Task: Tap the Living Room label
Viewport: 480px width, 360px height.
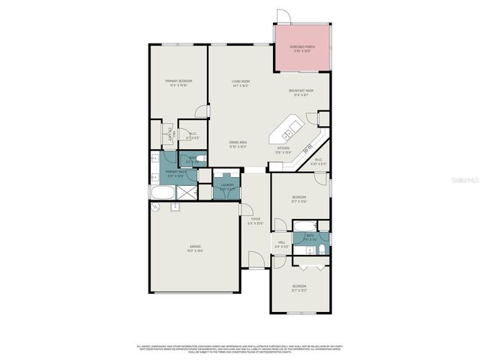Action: click(x=241, y=82)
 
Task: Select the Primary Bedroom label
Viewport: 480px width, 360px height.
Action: click(x=179, y=82)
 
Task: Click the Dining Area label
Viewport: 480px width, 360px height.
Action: click(x=238, y=144)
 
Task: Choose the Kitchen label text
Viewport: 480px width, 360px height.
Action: click(x=283, y=149)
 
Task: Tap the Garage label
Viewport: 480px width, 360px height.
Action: click(x=195, y=248)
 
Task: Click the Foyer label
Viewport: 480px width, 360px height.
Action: click(x=256, y=220)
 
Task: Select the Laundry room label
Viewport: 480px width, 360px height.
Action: click(x=226, y=186)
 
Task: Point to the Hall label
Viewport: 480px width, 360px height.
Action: click(x=282, y=244)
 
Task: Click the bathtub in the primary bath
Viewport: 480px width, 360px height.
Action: click(x=161, y=193)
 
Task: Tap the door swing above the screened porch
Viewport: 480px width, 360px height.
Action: click(x=282, y=16)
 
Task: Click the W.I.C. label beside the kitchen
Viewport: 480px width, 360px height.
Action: click(x=318, y=160)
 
